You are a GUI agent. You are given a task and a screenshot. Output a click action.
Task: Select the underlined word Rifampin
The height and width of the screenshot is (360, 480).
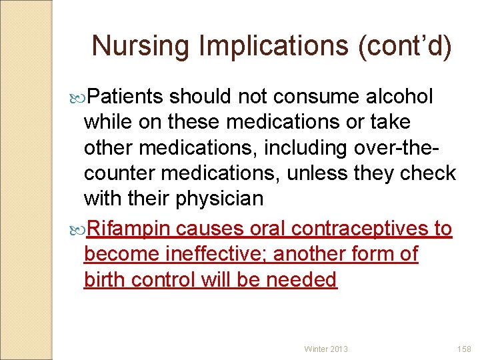click(131, 229)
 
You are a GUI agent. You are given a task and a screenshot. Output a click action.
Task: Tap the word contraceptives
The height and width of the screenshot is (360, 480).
click(361, 229)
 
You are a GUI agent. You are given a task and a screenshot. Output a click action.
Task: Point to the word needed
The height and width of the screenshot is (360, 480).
click(302, 279)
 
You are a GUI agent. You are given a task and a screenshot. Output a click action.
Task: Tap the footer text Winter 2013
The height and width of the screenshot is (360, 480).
click(326, 349)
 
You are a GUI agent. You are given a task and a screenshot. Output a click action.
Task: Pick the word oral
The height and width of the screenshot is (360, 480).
click(269, 229)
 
